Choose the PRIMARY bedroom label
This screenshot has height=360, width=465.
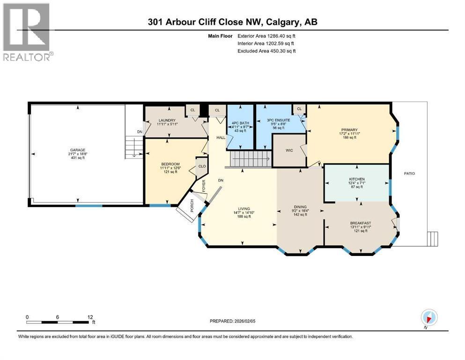click(349, 130)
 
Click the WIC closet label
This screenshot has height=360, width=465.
click(289, 151)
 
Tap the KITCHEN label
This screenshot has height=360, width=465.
click(356, 179)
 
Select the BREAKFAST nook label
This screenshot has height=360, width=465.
click(360, 223)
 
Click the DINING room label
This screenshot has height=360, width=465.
click(300, 206)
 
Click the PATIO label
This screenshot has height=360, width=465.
click(409, 173)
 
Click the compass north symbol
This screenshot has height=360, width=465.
click(429, 316)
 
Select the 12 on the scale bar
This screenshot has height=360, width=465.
click(90, 316)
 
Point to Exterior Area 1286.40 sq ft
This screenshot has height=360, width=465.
click(266, 35)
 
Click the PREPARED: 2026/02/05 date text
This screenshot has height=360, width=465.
click(233, 321)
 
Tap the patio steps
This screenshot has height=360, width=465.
click(433, 239)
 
